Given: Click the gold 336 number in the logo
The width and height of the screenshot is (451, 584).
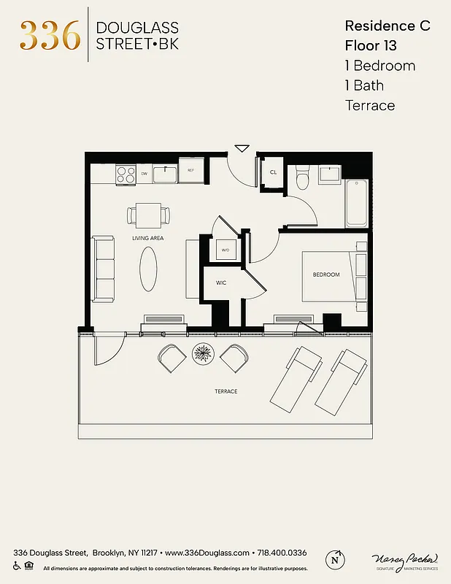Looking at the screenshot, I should point(50,35).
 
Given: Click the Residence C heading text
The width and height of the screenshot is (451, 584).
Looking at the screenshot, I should point(388,26).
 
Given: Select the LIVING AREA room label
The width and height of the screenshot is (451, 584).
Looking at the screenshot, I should point(147,238).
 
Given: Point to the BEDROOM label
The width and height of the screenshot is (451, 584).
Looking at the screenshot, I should point(326,274).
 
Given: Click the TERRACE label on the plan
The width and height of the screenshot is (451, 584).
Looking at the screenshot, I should point(226,391).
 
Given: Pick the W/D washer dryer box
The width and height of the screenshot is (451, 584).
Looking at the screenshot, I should point(225,250).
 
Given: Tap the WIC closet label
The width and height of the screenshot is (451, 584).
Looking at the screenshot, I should point(221,283).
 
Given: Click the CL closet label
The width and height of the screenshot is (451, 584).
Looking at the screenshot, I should point(274,172).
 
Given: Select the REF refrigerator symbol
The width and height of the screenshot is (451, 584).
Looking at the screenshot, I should point(190,171).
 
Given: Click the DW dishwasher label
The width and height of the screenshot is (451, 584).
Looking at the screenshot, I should point(144,174).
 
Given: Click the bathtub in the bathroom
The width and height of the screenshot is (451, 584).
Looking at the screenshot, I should point(357,202).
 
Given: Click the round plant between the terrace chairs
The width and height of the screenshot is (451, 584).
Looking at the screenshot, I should point(203,355).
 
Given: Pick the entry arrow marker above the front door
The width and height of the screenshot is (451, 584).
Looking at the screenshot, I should point(242,149).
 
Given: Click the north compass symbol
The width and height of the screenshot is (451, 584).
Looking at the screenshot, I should point(335,559).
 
